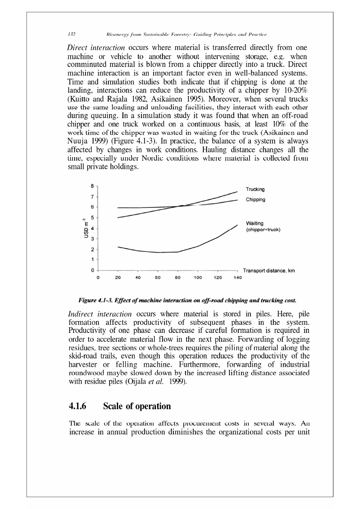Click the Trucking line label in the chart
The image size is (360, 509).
click(x=255, y=189)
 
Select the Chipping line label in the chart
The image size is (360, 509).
click(x=256, y=199)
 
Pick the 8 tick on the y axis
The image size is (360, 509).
click(x=92, y=186)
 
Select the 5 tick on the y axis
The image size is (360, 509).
click(x=92, y=218)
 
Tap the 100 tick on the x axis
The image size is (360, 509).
click(x=198, y=278)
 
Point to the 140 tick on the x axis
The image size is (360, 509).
click(x=237, y=278)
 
